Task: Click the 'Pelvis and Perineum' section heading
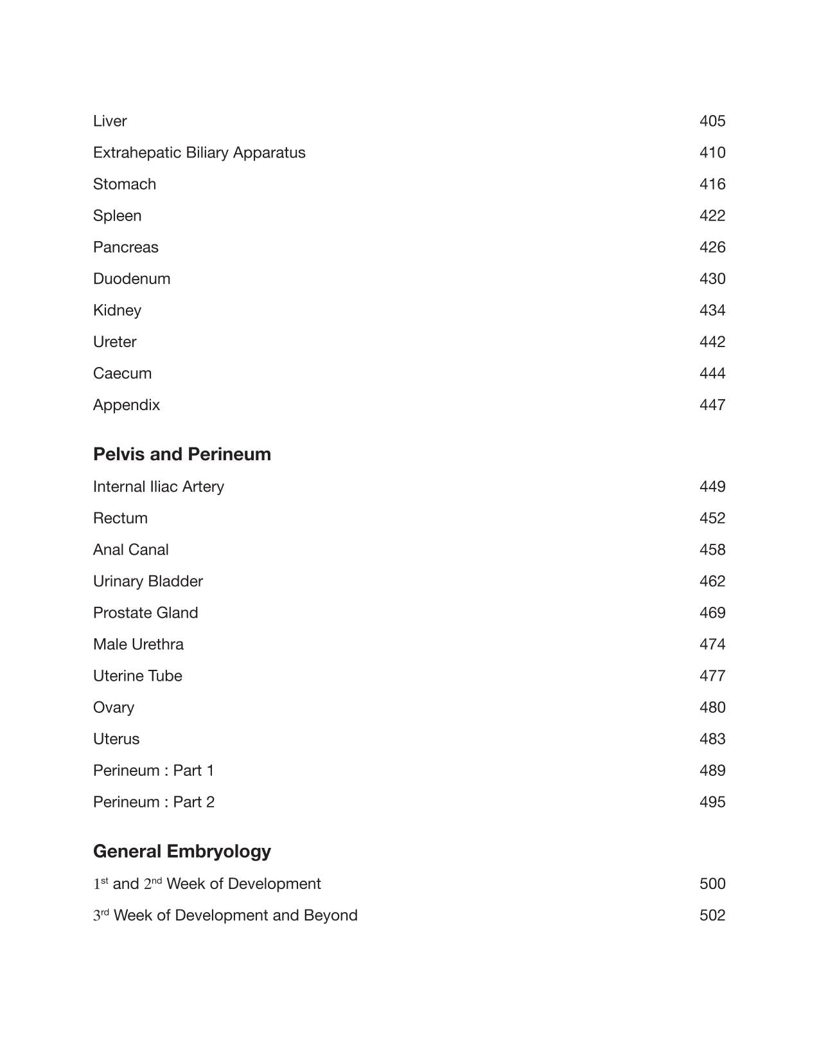[x=182, y=454]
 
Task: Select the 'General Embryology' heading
[x=182, y=852]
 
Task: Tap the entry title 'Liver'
[x=110, y=121]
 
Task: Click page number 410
[x=712, y=153]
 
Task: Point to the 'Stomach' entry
[x=125, y=184]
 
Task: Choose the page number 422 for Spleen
[x=712, y=216]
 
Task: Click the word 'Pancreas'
[x=125, y=247]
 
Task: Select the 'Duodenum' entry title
[x=132, y=279]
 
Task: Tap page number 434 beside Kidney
[x=712, y=310]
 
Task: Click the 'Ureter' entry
[x=114, y=342]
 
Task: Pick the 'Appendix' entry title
[x=127, y=405]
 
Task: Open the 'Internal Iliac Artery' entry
[x=159, y=487]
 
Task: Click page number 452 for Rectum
[x=712, y=518]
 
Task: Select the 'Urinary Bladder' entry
[x=148, y=581]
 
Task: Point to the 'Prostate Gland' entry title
[x=145, y=613]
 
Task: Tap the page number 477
[x=712, y=676]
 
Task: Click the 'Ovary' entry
[x=114, y=708]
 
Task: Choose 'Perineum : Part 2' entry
[x=154, y=802]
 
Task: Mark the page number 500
[x=712, y=884]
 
